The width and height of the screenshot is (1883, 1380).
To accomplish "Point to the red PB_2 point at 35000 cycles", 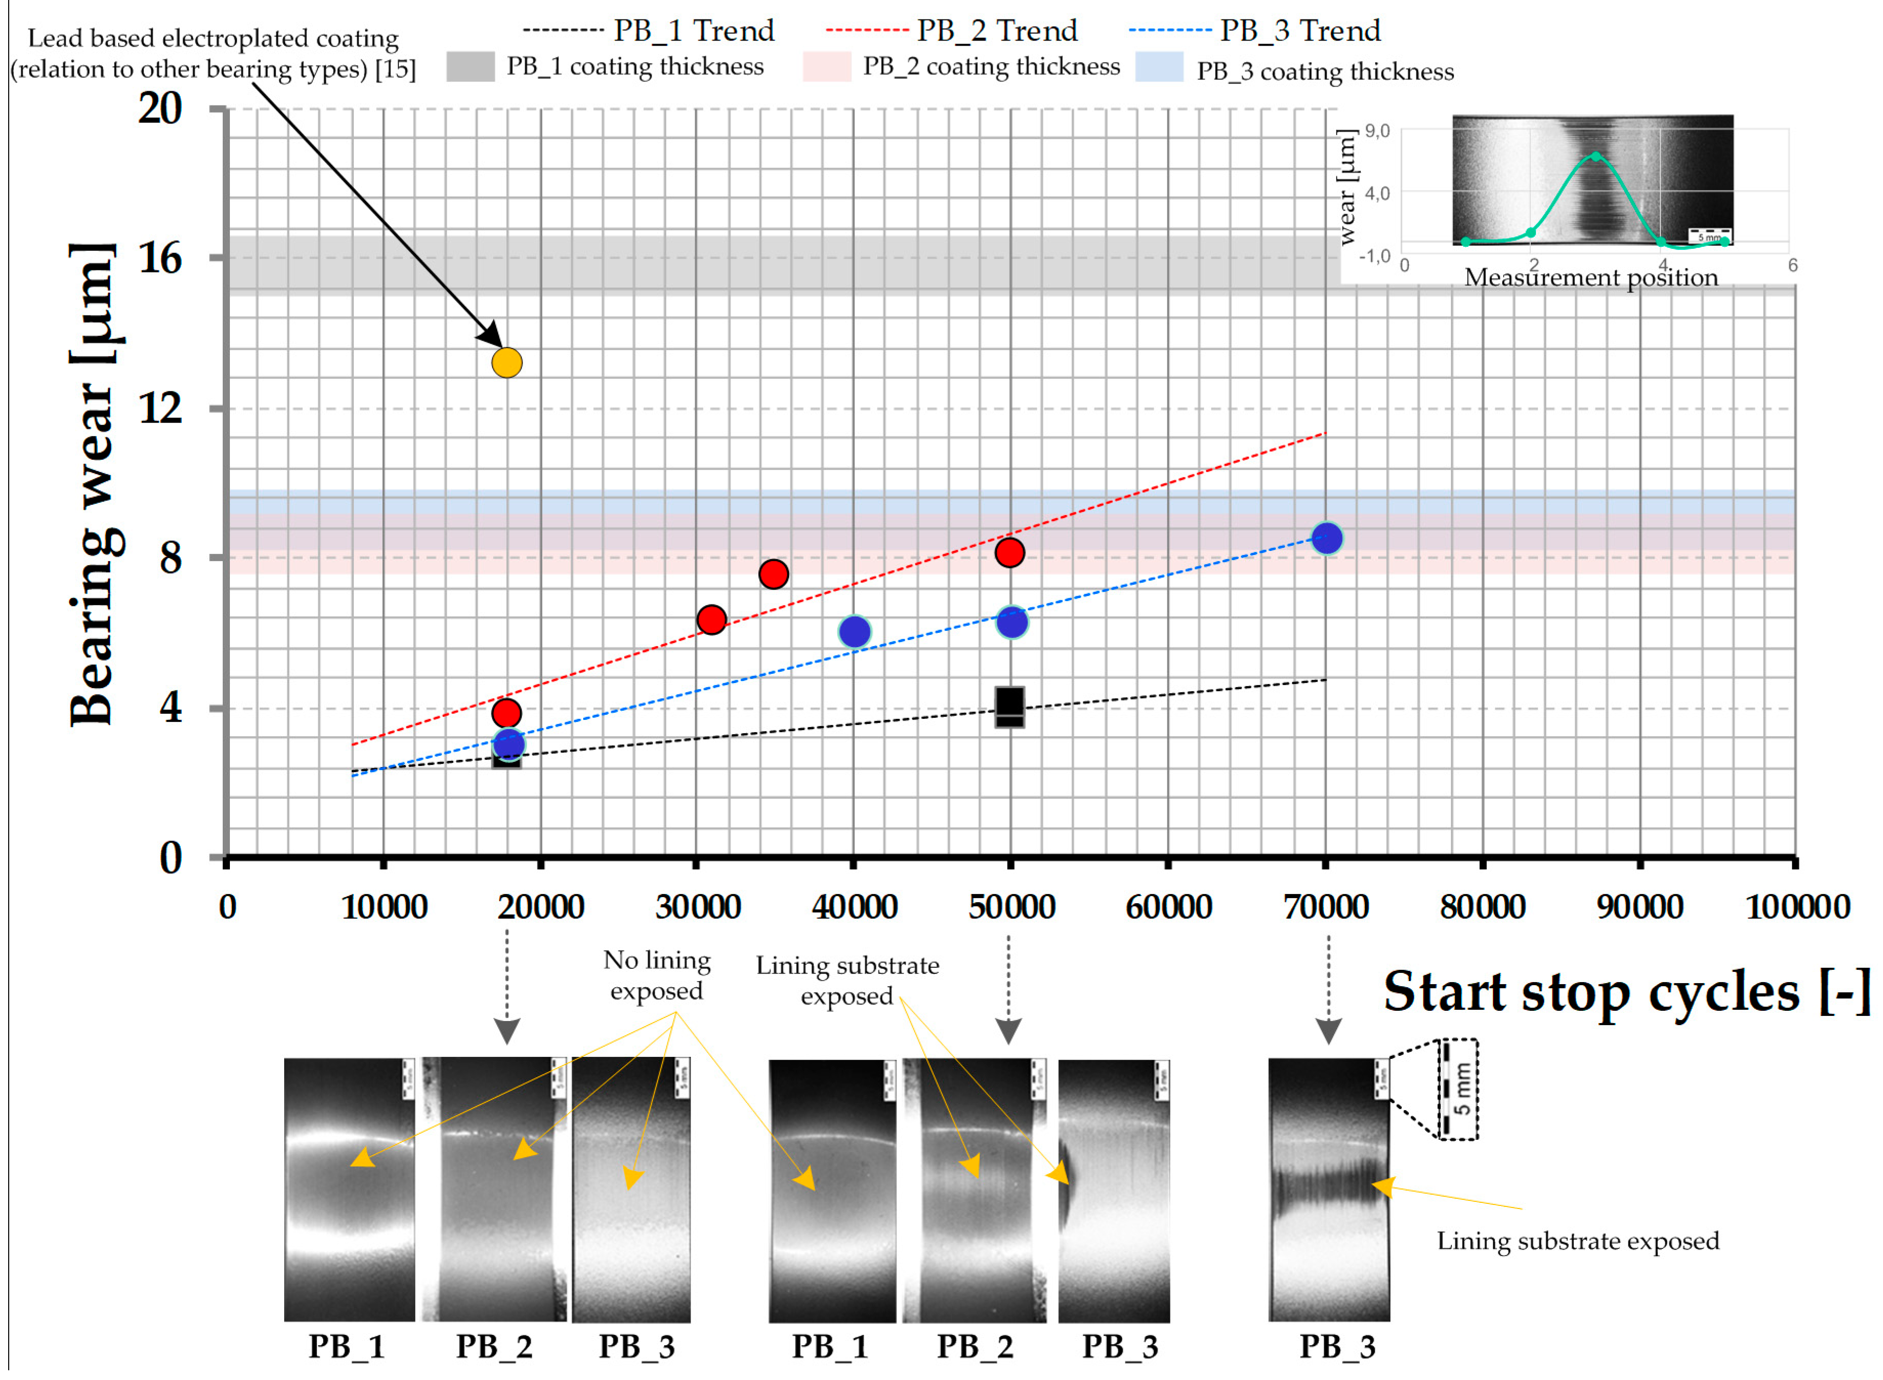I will [x=773, y=574].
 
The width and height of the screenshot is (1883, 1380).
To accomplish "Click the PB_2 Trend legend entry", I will [x=952, y=31].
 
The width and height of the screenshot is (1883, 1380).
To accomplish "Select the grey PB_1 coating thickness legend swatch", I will [x=470, y=67].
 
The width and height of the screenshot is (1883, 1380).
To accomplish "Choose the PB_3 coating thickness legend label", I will [x=1324, y=72].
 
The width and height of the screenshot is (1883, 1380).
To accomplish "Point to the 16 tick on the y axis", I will [x=160, y=258].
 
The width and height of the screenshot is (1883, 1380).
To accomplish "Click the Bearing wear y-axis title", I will [x=94, y=484].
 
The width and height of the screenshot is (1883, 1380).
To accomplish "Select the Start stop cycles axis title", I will [x=1627, y=992].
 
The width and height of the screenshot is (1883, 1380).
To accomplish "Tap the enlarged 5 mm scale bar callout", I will [x=1458, y=1089].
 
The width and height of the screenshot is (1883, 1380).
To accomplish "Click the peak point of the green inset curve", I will [x=1596, y=156].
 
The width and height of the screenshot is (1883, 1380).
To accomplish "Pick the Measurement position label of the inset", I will [x=1591, y=278].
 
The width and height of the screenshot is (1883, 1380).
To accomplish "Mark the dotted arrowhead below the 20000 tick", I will [x=507, y=1032].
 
